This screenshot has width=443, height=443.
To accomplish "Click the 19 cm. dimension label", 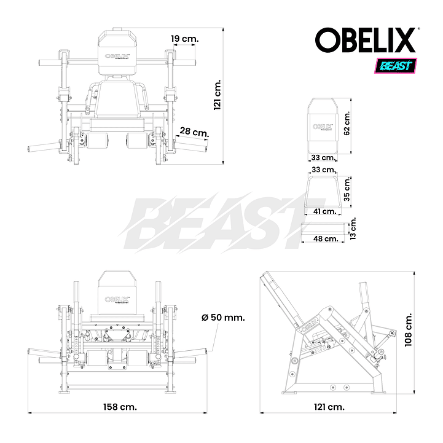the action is coord(185,39).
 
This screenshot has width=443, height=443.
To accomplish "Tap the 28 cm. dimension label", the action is coord(195,132).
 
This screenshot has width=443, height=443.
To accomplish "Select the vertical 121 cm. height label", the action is coord(218,95).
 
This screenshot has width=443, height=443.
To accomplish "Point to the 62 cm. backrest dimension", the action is coord(347,123).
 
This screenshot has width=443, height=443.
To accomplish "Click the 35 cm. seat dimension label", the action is coord(347,189).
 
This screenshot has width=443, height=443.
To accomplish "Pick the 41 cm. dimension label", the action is coord(325,211).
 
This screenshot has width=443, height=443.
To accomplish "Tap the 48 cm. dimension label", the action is coord(326,239).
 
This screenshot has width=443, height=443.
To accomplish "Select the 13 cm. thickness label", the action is coord(353,229).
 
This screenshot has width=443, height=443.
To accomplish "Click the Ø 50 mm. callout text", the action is coord(223,318).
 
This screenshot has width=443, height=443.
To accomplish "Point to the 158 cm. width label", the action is coord(120,407).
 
